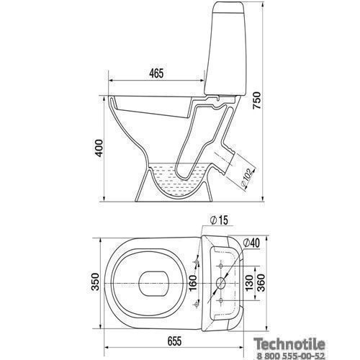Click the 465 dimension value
coord(156,73)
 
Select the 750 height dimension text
coord(256,100)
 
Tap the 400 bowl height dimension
coord(99,148)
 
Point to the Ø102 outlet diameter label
coord(246,178)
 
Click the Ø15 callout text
coord(219,220)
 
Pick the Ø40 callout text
coord(251,243)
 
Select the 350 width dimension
coord(96,282)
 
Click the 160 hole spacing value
coord(193,283)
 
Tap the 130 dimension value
coord(250,283)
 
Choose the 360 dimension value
coord(261,283)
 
